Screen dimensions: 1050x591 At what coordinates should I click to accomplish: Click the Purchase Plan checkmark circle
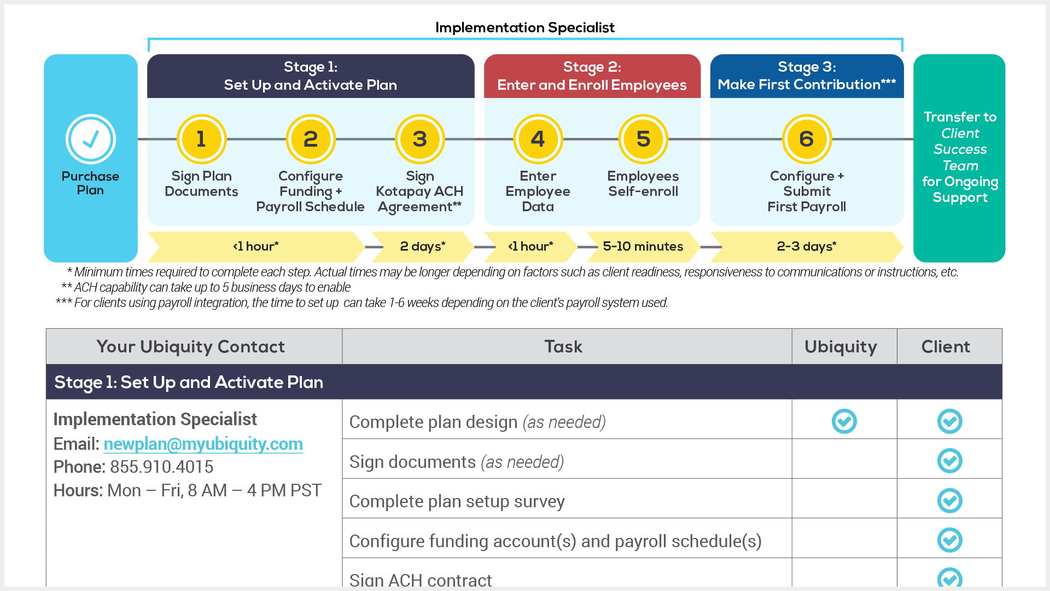pyautogui.click(x=91, y=139)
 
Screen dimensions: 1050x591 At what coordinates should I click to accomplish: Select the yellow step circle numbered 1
pyautogui.click(x=201, y=139)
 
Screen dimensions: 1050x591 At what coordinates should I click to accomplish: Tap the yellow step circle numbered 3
pyautogui.click(x=419, y=139)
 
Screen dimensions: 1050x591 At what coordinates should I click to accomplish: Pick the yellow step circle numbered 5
pyautogui.click(x=643, y=139)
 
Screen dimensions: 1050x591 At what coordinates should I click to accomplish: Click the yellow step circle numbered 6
pyautogui.click(x=807, y=139)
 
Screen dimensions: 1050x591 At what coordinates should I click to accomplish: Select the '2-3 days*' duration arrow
pyautogui.click(x=807, y=247)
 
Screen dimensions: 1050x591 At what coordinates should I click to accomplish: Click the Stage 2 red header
pyautogui.click(x=592, y=76)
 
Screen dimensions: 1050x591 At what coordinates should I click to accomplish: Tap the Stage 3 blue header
pyautogui.click(x=807, y=76)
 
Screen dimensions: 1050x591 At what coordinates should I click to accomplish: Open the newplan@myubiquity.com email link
pyautogui.click(x=203, y=444)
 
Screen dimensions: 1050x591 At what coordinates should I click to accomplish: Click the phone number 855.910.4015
pyautogui.click(x=162, y=467)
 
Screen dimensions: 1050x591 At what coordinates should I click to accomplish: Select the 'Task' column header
pyautogui.click(x=563, y=346)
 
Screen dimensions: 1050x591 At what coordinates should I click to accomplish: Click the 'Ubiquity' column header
pyautogui.click(x=841, y=346)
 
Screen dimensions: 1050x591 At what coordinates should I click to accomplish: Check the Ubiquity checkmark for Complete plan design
pyautogui.click(x=844, y=421)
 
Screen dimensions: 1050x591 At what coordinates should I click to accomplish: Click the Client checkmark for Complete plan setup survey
pyautogui.click(x=950, y=501)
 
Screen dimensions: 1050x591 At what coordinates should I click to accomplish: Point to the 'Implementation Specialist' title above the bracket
pyautogui.click(x=525, y=27)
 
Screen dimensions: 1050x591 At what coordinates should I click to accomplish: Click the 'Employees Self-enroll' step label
pyautogui.click(x=643, y=184)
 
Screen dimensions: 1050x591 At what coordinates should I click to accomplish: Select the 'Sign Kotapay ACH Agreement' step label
pyautogui.click(x=419, y=192)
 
